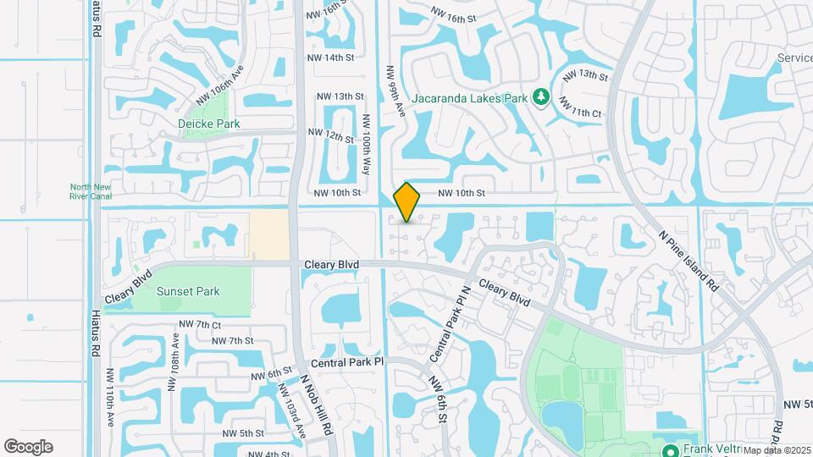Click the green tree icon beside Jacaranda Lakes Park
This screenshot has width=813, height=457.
(541, 98)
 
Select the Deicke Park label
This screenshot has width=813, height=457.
(209, 124)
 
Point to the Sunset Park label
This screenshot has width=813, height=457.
(188, 292)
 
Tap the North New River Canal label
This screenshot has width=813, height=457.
(91, 192)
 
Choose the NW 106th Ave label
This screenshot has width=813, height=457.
(219, 85)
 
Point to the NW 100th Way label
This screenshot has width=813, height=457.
(367, 145)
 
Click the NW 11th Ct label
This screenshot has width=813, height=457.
(580, 112)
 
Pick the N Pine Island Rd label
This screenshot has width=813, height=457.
(689, 251)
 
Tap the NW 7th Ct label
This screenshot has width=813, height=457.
(200, 325)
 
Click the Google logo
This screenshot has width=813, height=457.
(29, 446)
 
